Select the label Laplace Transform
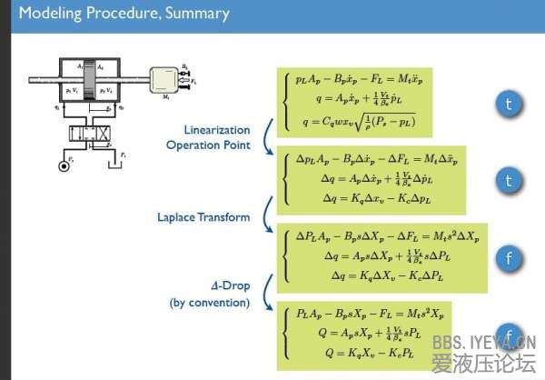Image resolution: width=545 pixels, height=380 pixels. click(208, 216)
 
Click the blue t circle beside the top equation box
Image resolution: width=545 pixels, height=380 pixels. click(509, 104)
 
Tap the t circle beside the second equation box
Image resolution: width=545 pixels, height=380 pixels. click(509, 181)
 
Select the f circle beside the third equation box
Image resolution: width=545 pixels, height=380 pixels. click(509, 258)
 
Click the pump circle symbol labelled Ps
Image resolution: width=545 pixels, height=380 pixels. click(63, 167)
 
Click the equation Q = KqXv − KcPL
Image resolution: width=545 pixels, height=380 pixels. click(354, 349)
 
